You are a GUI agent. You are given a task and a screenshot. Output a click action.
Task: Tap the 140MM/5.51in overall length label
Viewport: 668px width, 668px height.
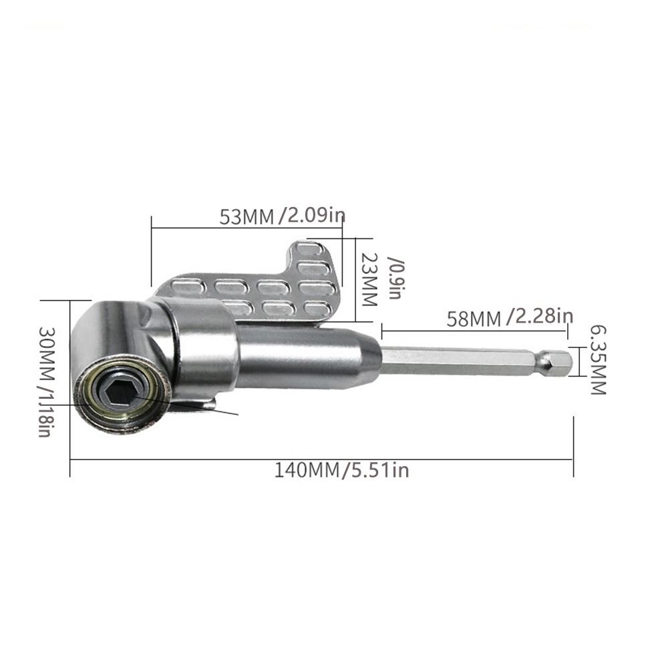pyautogui.click(x=341, y=470)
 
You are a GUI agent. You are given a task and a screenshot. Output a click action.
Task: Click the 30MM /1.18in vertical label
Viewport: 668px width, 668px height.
pyautogui.click(x=47, y=381)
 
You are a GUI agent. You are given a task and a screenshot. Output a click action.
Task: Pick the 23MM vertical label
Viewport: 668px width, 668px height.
pyautogui.click(x=369, y=279)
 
